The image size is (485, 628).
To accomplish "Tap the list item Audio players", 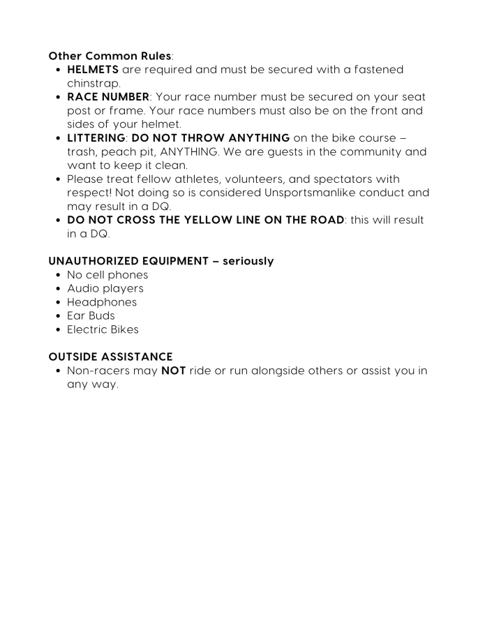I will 105,289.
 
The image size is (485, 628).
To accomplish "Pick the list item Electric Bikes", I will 103,330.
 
